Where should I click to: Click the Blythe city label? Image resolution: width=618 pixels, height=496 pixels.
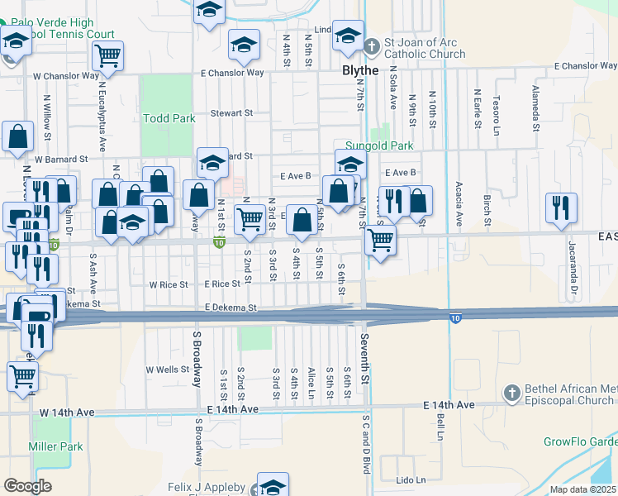(359, 70)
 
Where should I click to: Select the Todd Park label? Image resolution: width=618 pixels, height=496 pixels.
(169, 118)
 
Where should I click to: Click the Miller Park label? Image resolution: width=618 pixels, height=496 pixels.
(56, 446)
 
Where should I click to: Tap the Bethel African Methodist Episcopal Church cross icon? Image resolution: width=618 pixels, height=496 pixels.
(511, 392)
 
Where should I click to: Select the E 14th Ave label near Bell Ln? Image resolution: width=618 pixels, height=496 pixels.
(449, 405)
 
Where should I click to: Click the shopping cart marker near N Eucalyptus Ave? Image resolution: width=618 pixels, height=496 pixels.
(107, 56)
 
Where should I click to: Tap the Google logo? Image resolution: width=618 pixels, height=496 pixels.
(27, 485)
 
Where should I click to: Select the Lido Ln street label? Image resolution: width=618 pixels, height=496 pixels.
(410, 479)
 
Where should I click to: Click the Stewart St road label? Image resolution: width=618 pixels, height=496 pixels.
(231, 112)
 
